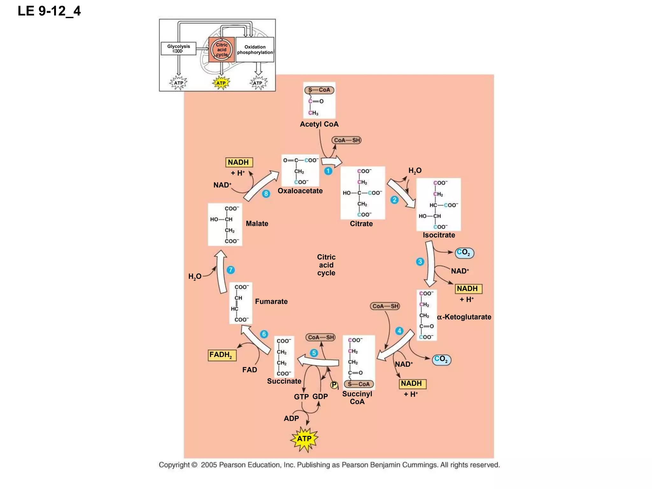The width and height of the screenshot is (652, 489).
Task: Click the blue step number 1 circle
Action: (x=328, y=171)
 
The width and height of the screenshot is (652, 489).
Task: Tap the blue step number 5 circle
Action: (x=314, y=353)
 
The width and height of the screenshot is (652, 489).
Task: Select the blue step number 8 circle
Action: (x=266, y=194)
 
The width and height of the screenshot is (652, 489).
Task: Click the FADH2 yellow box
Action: (x=222, y=355)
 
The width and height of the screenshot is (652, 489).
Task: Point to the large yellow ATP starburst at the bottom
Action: (x=304, y=439)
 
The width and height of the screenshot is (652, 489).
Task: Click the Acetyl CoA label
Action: (x=319, y=124)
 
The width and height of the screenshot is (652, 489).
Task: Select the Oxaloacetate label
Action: (x=300, y=191)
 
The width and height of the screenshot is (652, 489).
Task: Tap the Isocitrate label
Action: (x=439, y=235)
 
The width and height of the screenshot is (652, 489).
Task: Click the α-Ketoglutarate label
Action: (x=464, y=317)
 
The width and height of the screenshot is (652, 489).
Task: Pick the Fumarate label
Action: (x=271, y=301)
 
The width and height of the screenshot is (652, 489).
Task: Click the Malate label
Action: (x=257, y=223)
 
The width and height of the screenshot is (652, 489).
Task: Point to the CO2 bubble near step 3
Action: (x=464, y=253)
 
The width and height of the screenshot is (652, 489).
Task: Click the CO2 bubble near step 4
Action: (x=442, y=359)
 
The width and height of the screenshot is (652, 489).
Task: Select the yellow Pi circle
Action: (x=334, y=385)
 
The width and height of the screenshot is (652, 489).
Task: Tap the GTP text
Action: (x=301, y=397)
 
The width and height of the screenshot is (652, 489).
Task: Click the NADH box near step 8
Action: (x=239, y=162)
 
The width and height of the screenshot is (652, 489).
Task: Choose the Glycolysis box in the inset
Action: (x=178, y=48)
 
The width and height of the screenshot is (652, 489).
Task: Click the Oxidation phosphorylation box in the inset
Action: (x=255, y=50)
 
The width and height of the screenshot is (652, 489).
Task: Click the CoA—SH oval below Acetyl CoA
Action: (x=346, y=140)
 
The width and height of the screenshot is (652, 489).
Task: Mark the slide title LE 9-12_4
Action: (x=49, y=11)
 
